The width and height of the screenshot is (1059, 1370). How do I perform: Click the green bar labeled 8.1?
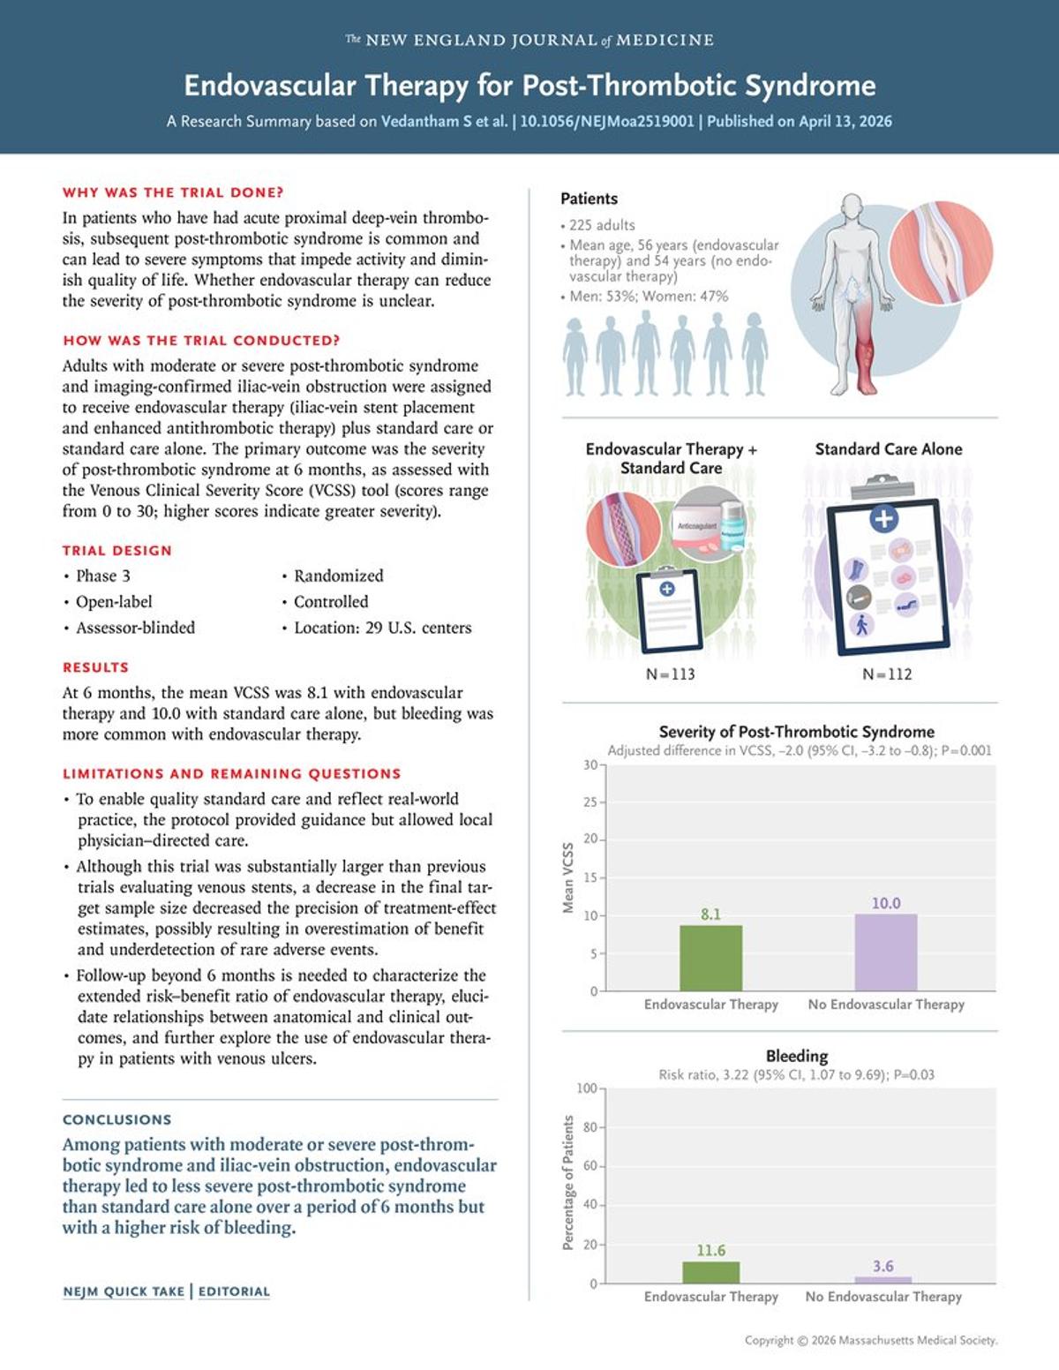coord(710,958)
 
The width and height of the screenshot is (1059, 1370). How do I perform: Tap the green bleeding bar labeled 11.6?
coord(710,1272)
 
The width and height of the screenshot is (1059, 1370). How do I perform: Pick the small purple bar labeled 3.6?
coord(882,1279)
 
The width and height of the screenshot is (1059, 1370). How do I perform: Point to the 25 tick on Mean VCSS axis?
coord(590,802)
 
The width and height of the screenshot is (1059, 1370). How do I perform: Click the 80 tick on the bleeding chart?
coord(590,1127)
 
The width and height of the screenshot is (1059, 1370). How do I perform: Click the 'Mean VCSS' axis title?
coord(568,877)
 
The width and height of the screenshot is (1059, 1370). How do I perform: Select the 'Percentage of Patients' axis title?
coord(568,1183)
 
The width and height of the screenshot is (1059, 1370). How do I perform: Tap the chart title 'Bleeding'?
coord(796,1056)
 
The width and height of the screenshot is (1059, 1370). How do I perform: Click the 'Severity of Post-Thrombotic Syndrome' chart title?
coord(796,732)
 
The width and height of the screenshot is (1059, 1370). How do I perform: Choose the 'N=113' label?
coord(670,674)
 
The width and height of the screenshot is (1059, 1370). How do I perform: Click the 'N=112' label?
coord(887,674)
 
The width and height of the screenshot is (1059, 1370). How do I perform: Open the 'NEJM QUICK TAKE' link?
coord(124,1291)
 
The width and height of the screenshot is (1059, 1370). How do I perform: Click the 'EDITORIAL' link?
coord(234,1291)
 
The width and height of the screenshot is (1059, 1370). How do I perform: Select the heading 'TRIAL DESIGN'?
coord(116,550)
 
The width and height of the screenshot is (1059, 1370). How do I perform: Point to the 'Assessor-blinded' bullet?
coord(135,628)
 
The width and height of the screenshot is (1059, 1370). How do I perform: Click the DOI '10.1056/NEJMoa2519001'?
coord(606,122)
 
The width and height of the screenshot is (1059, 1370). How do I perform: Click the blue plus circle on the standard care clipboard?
coord(883,518)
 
